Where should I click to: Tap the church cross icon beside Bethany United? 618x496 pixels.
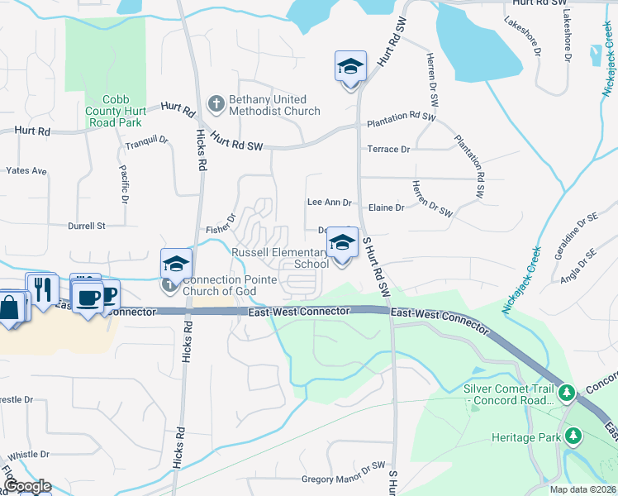[x=216, y=104]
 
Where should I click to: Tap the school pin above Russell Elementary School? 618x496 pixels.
[x=342, y=243]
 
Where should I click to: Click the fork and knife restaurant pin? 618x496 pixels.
[x=41, y=289]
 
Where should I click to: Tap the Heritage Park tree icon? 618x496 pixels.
[x=572, y=435]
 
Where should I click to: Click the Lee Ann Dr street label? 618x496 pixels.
[x=329, y=202]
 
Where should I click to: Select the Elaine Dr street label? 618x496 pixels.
[x=387, y=207]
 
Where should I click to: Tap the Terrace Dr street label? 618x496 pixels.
[x=388, y=150]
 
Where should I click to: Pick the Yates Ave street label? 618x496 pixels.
[x=26, y=171]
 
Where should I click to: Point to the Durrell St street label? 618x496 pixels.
[x=87, y=225]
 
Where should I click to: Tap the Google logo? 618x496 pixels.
[x=26, y=486]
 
